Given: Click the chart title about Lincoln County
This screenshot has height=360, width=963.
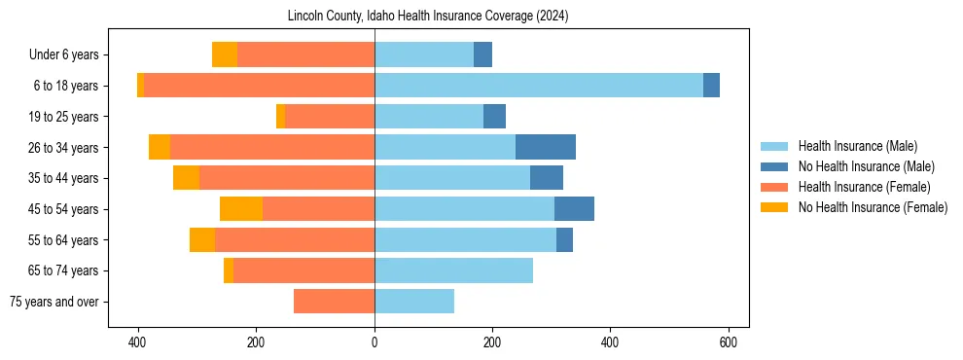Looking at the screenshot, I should click(428, 17).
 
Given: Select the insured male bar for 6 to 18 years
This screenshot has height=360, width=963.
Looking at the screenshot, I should click(538, 86).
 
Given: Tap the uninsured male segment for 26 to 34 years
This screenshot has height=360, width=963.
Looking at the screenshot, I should click(545, 147).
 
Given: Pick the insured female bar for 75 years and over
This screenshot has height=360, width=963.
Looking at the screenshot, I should click(334, 302).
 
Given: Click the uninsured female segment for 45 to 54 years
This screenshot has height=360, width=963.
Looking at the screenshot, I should click(241, 209).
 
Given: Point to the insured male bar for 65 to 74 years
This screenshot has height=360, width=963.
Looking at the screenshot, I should click(453, 270).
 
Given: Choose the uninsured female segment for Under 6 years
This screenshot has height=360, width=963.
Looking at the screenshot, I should click(225, 54).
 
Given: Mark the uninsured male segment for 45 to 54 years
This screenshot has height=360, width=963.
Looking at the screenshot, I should click(574, 209).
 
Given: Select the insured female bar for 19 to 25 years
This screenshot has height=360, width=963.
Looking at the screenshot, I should click(330, 117).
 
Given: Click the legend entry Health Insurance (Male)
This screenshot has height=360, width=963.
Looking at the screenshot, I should click(857, 146).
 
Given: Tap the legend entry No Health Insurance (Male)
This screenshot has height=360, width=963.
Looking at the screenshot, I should click(864, 166).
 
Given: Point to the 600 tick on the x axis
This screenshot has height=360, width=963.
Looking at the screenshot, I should click(729, 342).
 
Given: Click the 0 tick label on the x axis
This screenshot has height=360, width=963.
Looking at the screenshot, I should click(374, 342).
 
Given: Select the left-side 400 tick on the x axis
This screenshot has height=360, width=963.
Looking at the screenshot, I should click(138, 342).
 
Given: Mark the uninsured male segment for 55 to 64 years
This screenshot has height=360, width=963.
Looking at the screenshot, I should click(564, 239).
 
